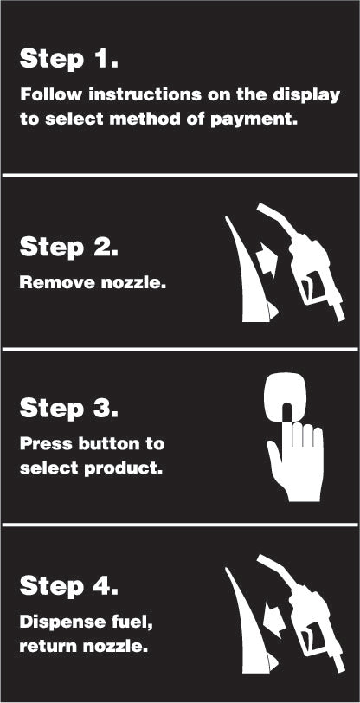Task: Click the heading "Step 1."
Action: [69, 59]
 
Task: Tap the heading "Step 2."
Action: [69, 247]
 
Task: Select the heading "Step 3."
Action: [69, 409]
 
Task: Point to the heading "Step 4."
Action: [69, 585]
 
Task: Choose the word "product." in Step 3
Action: [123, 469]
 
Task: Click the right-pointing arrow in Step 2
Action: [267, 262]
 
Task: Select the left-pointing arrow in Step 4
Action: [274, 621]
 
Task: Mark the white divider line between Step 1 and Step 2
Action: [180, 175]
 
